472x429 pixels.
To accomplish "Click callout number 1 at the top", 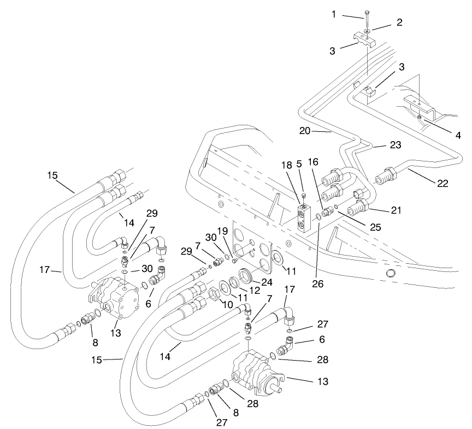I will tap(333, 14).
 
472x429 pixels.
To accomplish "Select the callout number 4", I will tap(457, 135).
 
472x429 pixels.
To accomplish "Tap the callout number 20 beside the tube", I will tap(305, 131).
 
